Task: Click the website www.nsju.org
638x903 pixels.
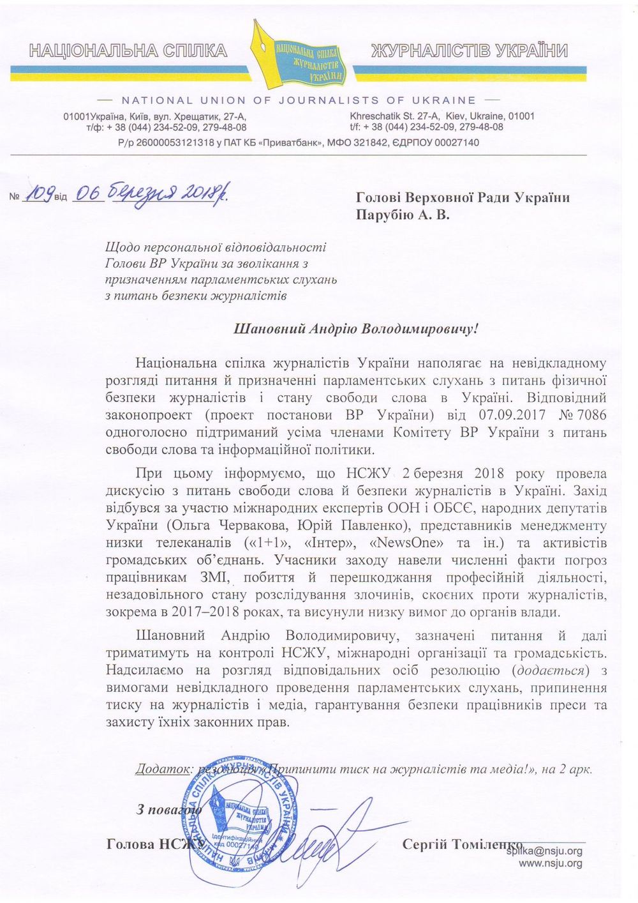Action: [551, 863]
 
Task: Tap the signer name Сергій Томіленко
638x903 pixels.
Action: [462, 844]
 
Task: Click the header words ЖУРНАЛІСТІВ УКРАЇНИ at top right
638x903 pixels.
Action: [470, 51]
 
